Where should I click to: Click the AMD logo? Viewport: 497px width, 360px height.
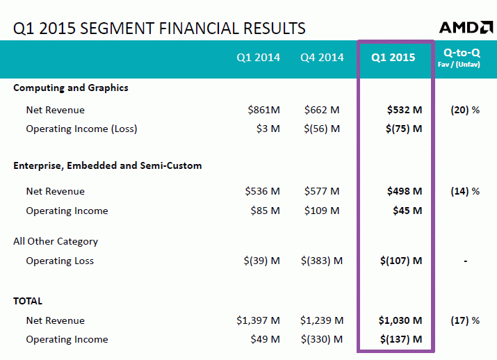[x=466, y=27]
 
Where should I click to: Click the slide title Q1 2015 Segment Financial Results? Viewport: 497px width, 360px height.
[x=159, y=28]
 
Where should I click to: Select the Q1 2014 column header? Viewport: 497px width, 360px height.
[x=259, y=58]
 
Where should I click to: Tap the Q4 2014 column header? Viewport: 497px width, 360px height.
[x=322, y=58]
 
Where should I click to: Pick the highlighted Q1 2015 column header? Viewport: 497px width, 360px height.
[x=393, y=58]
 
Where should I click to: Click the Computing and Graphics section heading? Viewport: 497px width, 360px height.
[x=71, y=88]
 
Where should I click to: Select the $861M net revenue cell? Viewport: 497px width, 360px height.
[x=263, y=110]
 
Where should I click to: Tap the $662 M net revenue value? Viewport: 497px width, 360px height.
[x=322, y=110]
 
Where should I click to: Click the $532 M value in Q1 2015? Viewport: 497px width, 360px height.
[x=405, y=110]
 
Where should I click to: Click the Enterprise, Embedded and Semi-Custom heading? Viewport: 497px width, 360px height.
[x=108, y=166]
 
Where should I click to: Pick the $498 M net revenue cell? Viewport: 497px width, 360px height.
[x=405, y=192]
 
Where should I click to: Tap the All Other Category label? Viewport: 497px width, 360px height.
[x=56, y=242]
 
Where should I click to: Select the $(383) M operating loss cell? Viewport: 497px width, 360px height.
[x=322, y=261]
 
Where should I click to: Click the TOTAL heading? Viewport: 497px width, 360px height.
[x=28, y=302]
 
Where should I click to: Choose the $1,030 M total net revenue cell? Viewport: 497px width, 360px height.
[x=400, y=320]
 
